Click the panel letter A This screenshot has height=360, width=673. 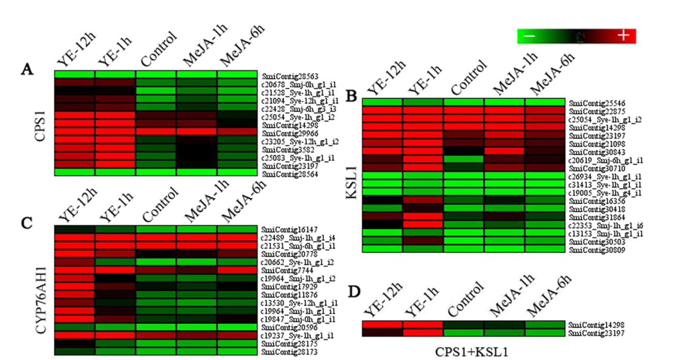tap(27, 70)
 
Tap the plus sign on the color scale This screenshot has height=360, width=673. tap(623, 36)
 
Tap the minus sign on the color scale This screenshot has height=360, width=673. tap(530, 36)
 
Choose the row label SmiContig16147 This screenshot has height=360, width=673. tap(287, 230)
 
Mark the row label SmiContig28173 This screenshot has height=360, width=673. tap(287, 352)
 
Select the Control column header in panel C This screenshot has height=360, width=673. tap(160, 205)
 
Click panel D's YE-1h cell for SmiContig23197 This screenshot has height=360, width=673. tap(423, 332)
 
